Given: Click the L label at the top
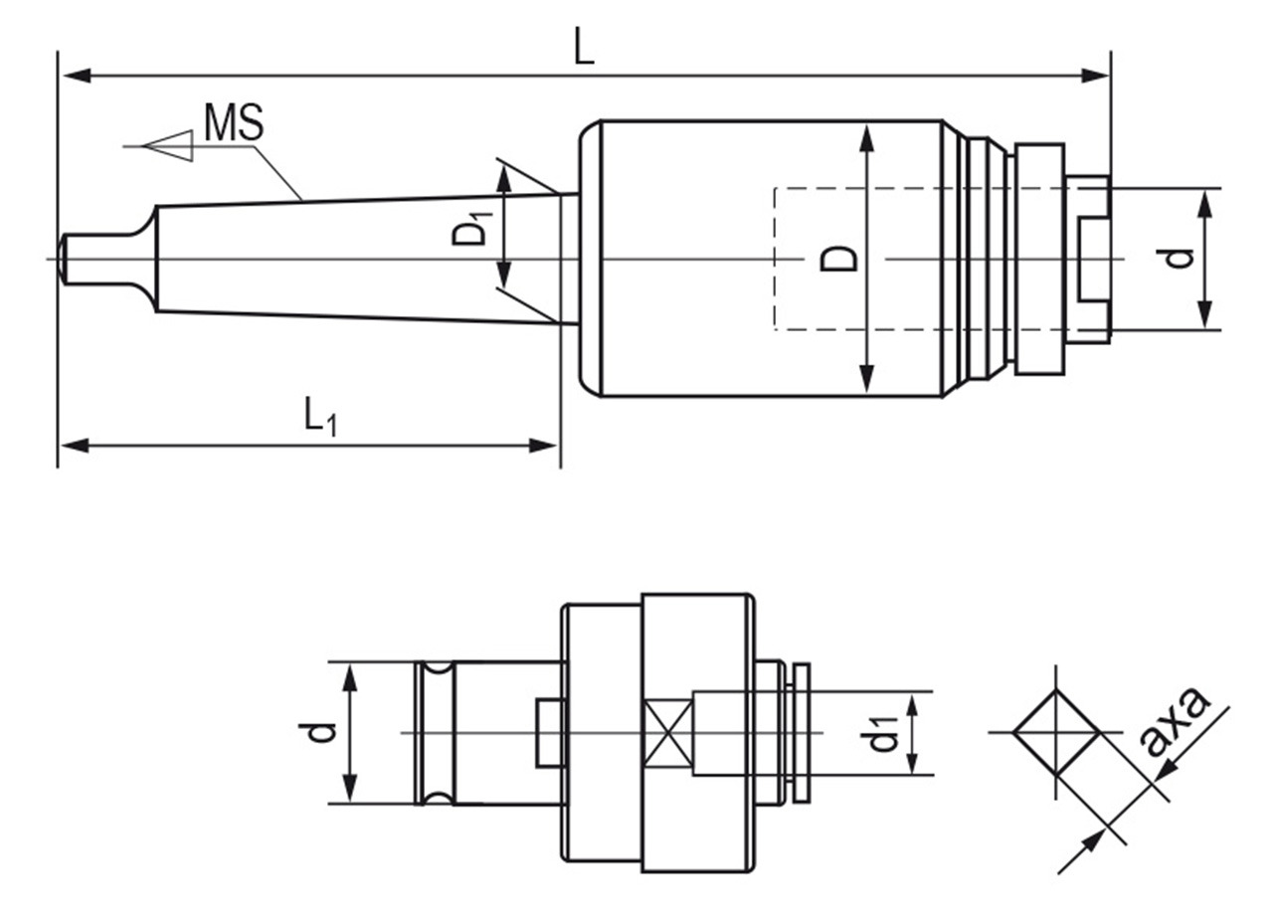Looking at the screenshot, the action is (584, 46).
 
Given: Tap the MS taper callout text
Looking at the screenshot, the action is (234, 121).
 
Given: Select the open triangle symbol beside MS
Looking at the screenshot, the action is (168, 145).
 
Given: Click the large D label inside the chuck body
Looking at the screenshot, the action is (838, 259).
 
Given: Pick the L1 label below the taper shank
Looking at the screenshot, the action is (321, 417).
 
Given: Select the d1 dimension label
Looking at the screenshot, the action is (881, 733).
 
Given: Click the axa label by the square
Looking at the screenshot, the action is (1177, 722).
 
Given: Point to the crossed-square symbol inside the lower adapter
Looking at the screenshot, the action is (668, 733).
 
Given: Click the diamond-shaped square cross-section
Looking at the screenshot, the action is (1056, 732).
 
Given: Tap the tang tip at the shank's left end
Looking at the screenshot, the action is (62, 259).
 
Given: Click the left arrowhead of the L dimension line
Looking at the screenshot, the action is (77, 75).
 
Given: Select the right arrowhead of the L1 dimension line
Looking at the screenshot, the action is (543, 446).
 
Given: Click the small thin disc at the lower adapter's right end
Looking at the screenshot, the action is (803, 733).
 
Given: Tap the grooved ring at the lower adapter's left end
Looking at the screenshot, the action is (436, 733).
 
